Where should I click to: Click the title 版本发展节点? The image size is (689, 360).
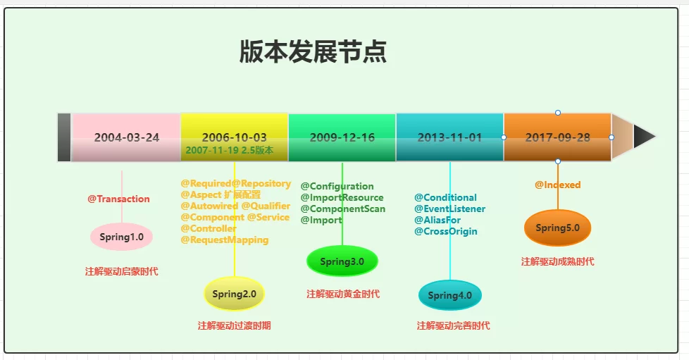tap(313, 52)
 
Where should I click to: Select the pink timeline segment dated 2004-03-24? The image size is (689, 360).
tap(126, 137)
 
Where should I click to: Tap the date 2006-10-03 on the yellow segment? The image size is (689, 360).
tap(234, 137)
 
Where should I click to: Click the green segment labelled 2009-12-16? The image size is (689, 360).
tap(342, 137)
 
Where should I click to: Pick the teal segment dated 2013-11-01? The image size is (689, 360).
tap(449, 137)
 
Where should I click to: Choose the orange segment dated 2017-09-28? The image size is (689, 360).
tap(557, 137)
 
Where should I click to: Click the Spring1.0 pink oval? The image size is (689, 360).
tap(121, 237)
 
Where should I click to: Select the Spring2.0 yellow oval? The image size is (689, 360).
tap(234, 294)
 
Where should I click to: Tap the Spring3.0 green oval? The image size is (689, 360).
tap(342, 261)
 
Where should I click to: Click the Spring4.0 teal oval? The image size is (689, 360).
tap(449, 295)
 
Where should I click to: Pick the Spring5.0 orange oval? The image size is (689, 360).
tap(557, 228)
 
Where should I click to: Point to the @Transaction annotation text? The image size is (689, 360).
tap(118, 199)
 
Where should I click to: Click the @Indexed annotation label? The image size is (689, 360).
tap(557, 185)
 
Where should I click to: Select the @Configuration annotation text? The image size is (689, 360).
tap(337, 187)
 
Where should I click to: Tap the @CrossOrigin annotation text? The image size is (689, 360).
tap(445, 231)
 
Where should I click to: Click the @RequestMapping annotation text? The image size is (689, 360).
tap(224, 240)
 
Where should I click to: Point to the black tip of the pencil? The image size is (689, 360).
tap(644, 137)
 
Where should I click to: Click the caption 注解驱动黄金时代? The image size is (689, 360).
tap(342, 294)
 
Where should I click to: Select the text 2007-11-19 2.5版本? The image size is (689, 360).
tap(229, 150)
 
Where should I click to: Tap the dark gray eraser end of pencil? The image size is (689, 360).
tap(64, 137)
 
